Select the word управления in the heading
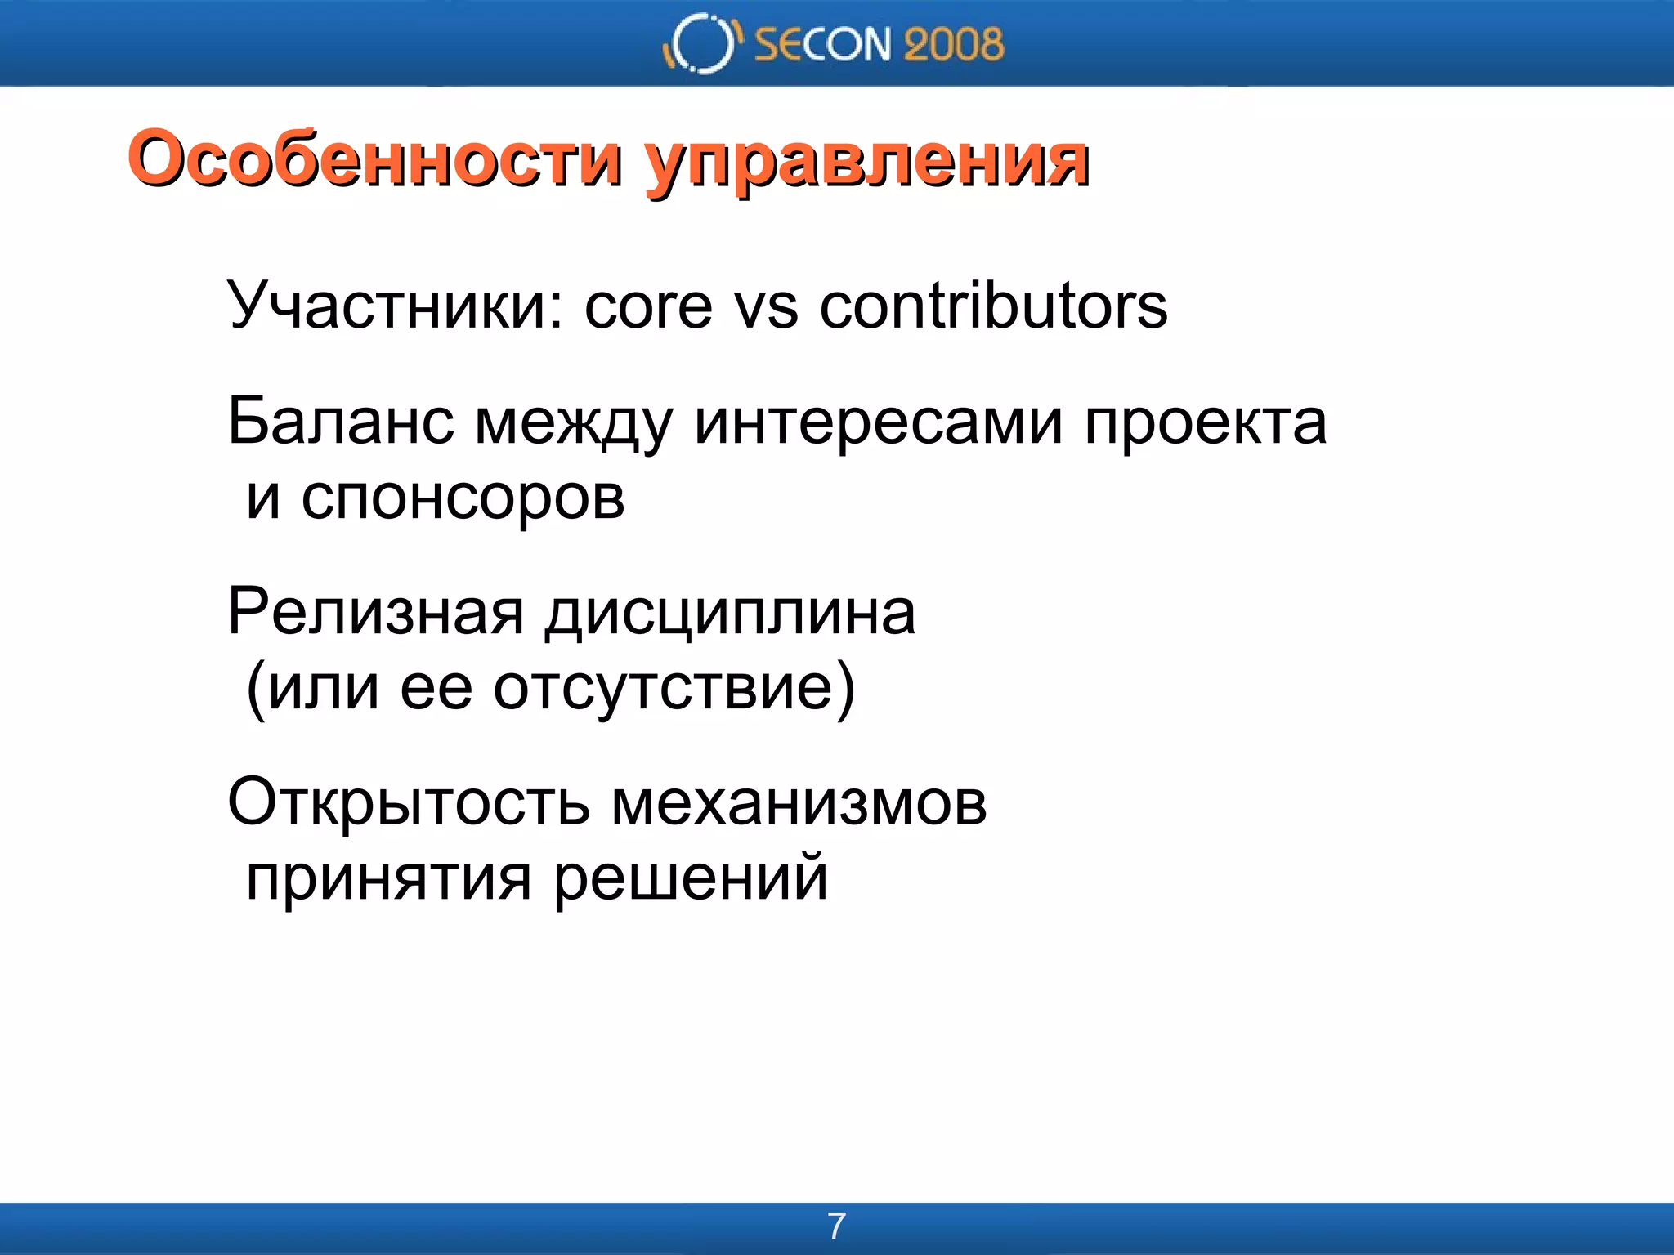(x=866, y=163)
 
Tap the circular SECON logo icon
(x=701, y=43)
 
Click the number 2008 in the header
(x=953, y=44)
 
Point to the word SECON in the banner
(x=822, y=44)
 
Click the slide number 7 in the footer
(x=836, y=1226)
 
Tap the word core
(x=648, y=306)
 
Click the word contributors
(x=993, y=306)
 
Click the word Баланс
(x=340, y=422)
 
